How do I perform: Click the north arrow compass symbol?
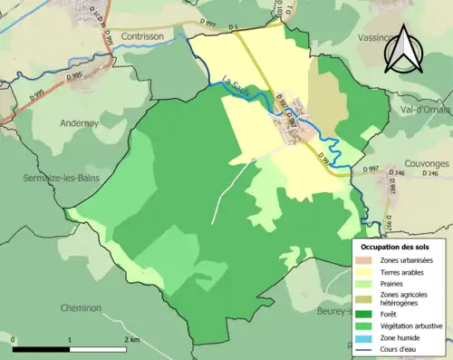click(403, 50)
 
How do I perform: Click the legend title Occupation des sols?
click(396, 247)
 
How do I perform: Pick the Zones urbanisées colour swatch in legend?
click(366, 260)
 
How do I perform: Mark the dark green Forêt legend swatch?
click(366, 314)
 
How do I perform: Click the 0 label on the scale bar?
click(14, 340)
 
